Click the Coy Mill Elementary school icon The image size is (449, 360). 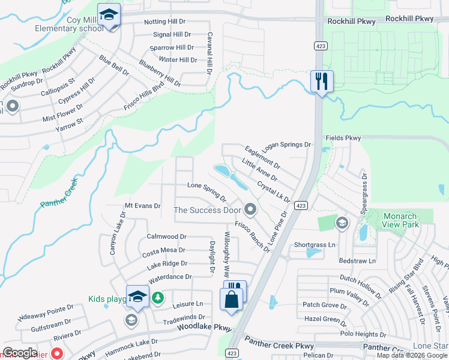109,15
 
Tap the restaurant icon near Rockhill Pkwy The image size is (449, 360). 322,81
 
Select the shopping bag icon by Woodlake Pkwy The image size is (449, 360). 232,299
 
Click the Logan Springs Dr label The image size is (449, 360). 287,145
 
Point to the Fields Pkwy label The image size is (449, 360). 343,138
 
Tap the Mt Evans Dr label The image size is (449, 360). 142,206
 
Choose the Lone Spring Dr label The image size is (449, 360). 206,192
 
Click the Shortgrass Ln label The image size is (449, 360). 315,245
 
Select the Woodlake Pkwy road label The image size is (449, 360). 204,328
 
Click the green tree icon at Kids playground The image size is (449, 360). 157,298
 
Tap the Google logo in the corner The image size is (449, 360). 20,353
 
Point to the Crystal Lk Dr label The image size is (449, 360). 273,193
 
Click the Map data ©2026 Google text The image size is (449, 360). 412,355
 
